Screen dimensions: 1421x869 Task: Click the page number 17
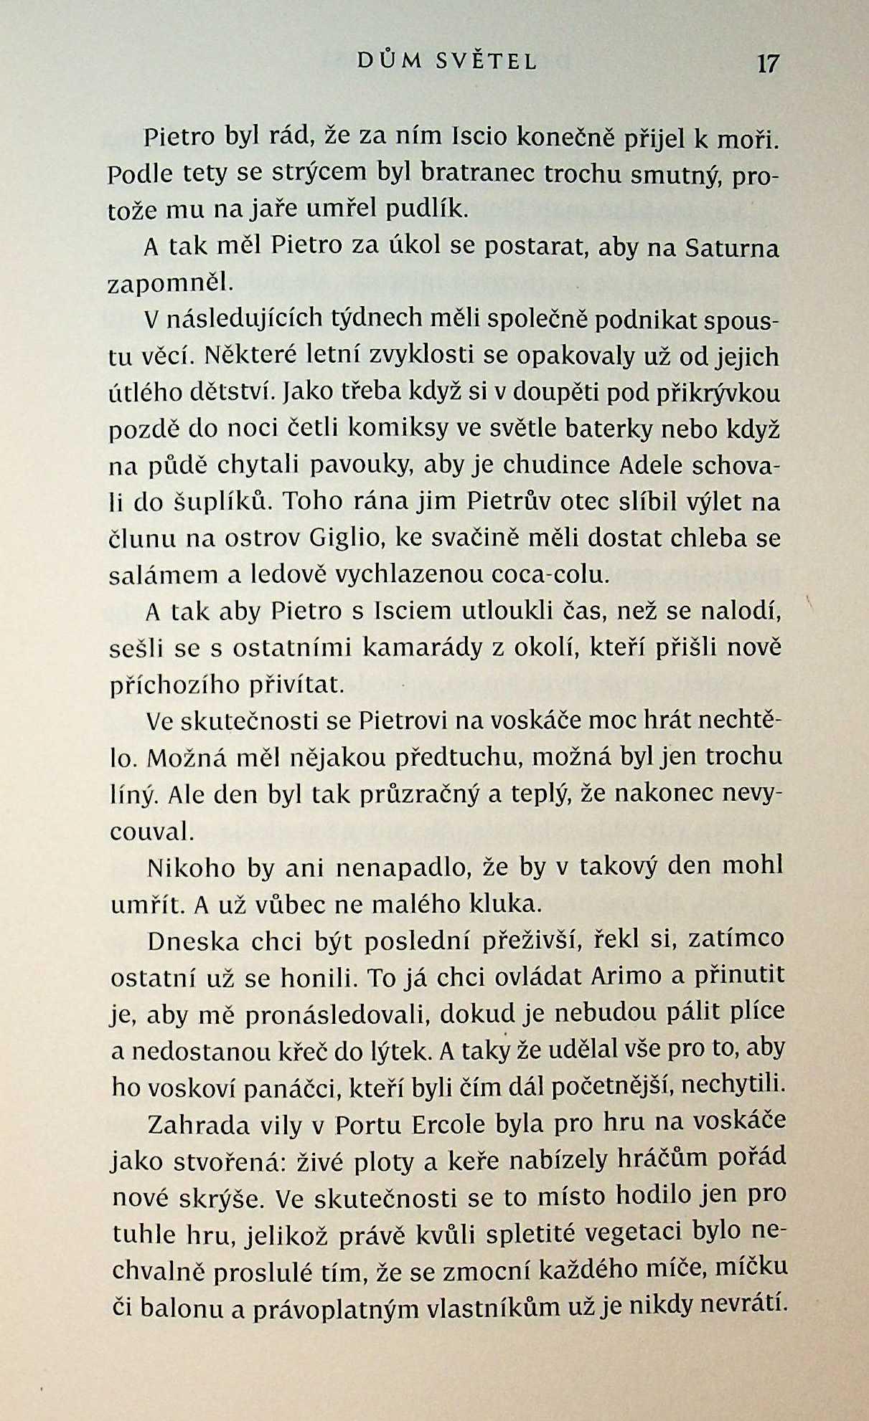point(767,64)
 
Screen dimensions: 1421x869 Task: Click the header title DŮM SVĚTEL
point(447,62)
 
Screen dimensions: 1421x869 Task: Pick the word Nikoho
point(191,868)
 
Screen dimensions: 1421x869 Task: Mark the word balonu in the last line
point(182,1308)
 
